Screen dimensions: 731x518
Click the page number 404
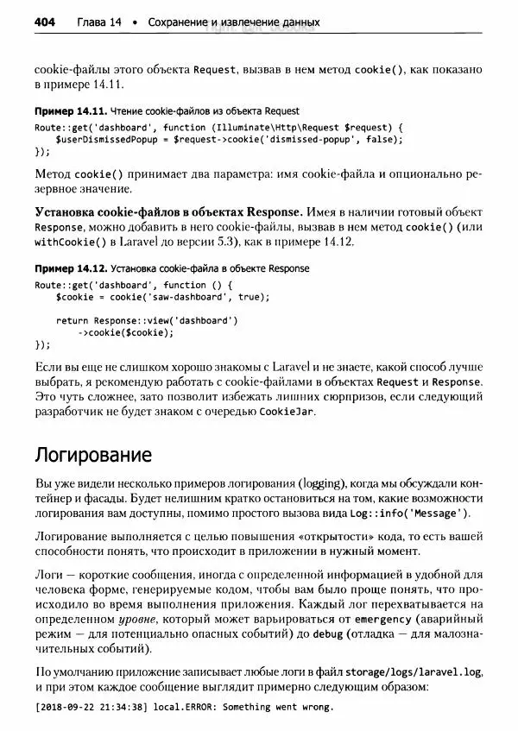[44, 22]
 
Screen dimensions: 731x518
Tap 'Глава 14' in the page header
[98, 22]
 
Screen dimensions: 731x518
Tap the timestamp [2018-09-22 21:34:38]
[90, 707]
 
